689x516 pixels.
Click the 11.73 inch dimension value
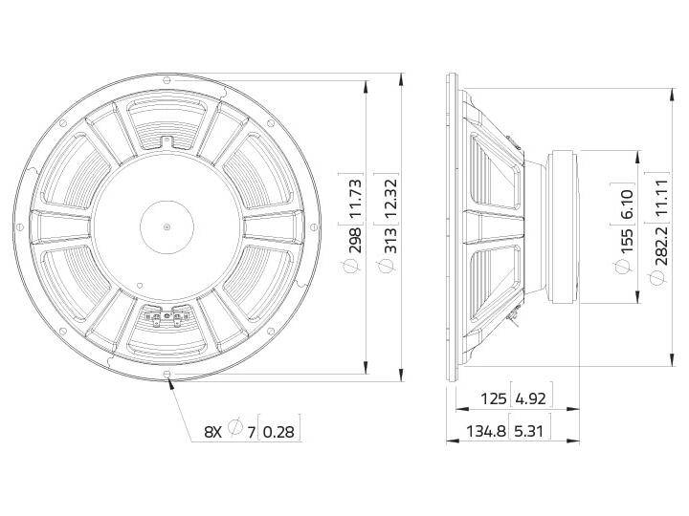tap(355, 199)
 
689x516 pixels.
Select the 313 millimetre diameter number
tap(390, 240)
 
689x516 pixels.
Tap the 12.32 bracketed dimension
tap(390, 199)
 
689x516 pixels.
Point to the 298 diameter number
tap(355, 240)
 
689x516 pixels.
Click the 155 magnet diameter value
tap(626, 240)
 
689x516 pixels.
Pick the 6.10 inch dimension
tap(626, 204)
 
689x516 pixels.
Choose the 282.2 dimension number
tap(661, 246)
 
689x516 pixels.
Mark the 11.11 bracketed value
tap(661, 198)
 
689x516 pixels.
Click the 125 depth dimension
tap(494, 398)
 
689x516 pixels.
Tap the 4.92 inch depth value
tap(530, 398)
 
